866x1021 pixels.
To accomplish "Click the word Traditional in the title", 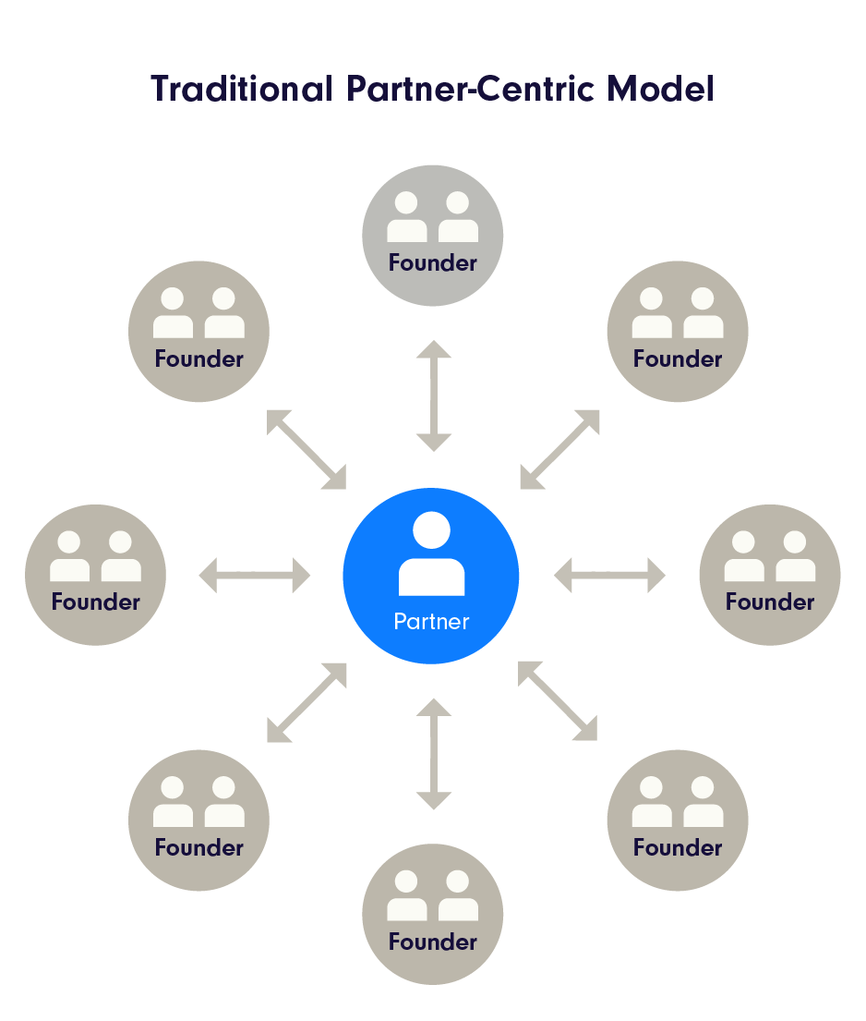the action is (x=242, y=89).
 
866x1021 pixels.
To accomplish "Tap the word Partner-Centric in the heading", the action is (x=470, y=89).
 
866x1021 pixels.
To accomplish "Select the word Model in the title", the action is (x=660, y=89).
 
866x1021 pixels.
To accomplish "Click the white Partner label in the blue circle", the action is (x=431, y=621).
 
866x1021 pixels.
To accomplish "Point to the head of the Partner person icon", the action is (x=431, y=530).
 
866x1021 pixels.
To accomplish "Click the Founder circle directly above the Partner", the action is (x=433, y=236).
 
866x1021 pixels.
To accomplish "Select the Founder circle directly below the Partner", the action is (x=433, y=914).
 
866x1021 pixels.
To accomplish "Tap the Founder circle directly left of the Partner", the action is (x=96, y=575).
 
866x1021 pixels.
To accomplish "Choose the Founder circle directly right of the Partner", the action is (x=770, y=575).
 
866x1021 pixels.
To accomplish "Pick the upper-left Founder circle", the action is (x=199, y=332).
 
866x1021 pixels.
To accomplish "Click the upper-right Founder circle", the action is (x=678, y=332).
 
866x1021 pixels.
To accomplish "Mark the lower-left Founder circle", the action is (x=199, y=820).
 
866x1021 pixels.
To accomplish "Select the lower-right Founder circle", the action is (x=678, y=820).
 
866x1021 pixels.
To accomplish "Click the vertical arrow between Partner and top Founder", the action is (x=434, y=395).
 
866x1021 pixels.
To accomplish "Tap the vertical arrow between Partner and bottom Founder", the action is (x=434, y=754).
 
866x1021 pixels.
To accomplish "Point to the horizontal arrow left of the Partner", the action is (x=255, y=575).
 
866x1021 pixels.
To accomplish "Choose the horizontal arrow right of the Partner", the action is (x=609, y=575).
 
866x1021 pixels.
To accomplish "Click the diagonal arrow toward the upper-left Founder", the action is (x=307, y=449).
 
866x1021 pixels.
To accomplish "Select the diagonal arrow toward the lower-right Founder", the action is (x=558, y=700).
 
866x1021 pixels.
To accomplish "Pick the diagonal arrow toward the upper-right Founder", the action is (x=559, y=449).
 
